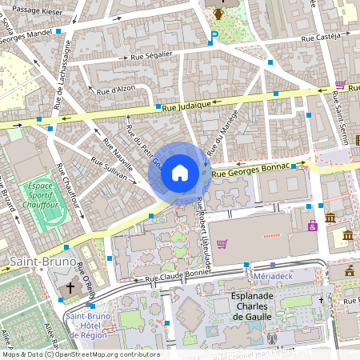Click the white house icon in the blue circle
pyautogui.click(x=180, y=172)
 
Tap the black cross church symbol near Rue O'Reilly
pyautogui.click(x=70, y=286)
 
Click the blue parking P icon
pyautogui.click(x=214, y=34)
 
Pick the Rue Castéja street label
pyautogui.click(x=322, y=38)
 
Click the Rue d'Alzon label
pyautogui.click(x=115, y=91)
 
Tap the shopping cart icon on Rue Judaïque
pyautogui.click(x=340, y=84)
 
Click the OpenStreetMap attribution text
pyautogui.click(x=80, y=354)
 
